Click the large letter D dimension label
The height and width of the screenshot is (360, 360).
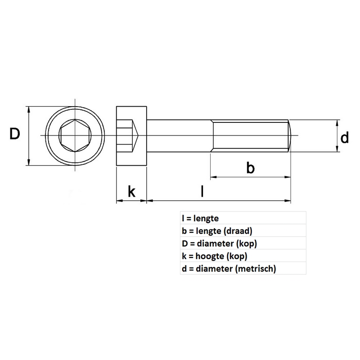15,134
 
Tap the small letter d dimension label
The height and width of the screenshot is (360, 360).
345,138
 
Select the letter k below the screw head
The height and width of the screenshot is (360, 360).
131,191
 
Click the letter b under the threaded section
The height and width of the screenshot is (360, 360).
251,168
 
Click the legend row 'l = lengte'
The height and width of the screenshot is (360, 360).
200,219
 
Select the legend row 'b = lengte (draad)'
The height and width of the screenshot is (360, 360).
216,231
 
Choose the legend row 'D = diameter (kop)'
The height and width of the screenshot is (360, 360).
219,244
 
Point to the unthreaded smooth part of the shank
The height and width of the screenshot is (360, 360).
179,135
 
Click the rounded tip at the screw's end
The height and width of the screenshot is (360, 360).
291,135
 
